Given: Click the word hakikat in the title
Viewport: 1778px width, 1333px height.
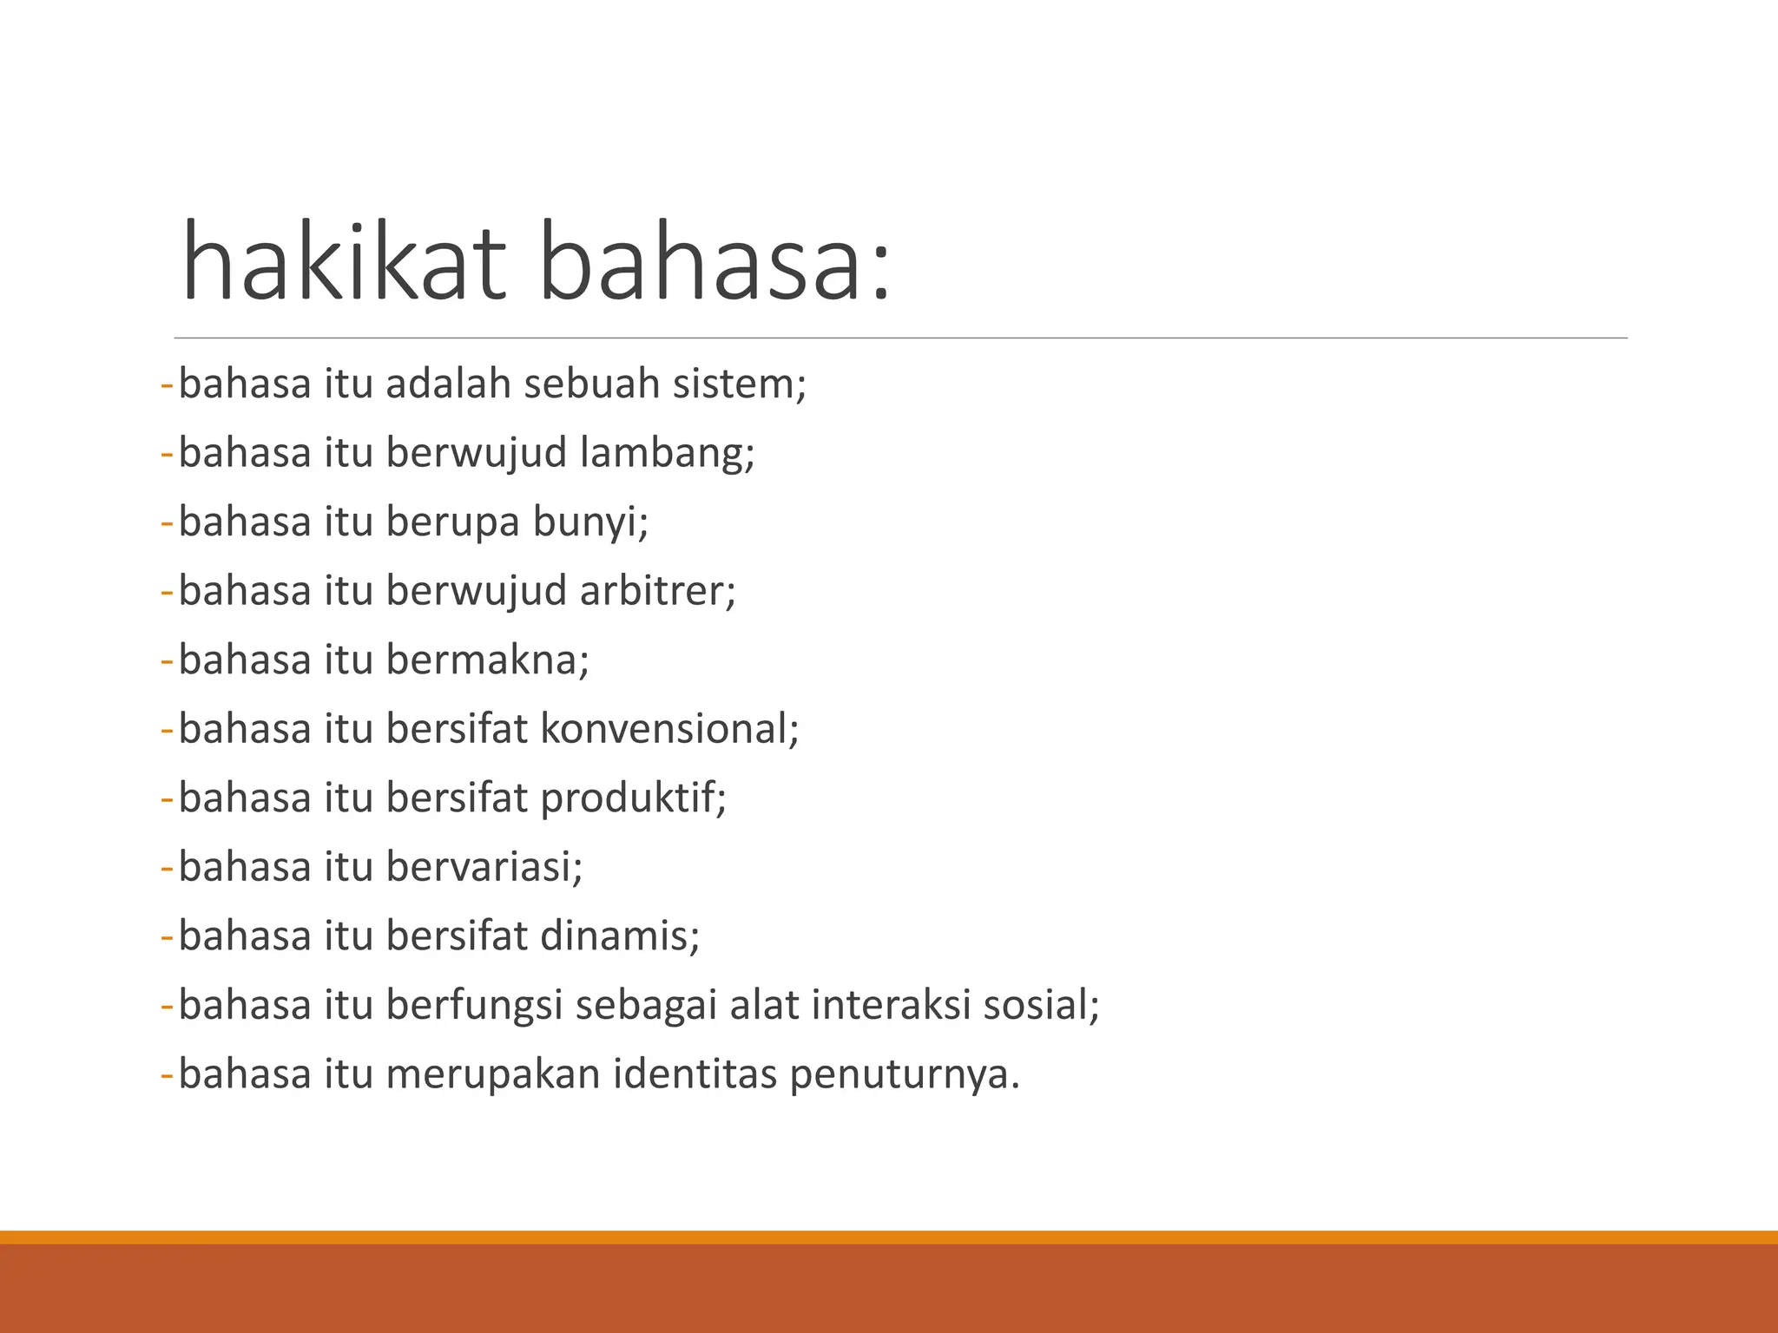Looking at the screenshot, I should point(344,262).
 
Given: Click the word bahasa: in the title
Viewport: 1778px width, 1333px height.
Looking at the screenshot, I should point(715,262).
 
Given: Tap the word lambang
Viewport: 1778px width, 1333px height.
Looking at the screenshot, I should point(667,453).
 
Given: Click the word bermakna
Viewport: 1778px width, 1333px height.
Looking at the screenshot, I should point(487,660).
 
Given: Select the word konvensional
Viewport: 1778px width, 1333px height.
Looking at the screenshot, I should point(668,728).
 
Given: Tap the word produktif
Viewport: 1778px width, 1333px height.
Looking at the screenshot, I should point(633,798).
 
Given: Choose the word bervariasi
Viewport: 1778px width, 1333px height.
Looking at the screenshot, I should point(484,867).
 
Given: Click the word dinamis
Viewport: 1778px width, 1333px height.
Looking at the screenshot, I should point(619,936).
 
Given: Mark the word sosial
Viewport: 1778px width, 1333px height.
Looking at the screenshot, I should point(1041,1005).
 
